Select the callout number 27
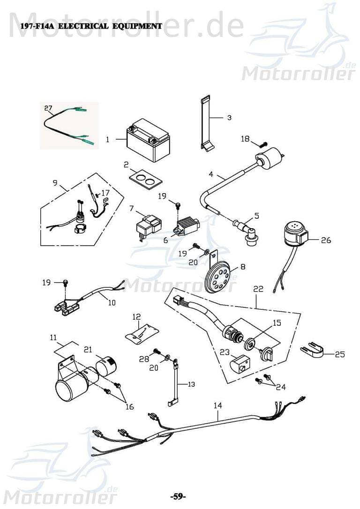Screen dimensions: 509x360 pyautogui.click(x=48, y=108)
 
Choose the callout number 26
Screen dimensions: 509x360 pyautogui.click(x=325, y=240)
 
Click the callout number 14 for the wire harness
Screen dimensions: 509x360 pyautogui.click(x=217, y=405)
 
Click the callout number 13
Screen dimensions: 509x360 pyautogui.click(x=191, y=384)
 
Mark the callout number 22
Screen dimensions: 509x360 pyautogui.click(x=258, y=290)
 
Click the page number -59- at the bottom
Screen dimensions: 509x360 pyautogui.click(x=178, y=496)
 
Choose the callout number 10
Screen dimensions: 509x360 pyautogui.click(x=112, y=302)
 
